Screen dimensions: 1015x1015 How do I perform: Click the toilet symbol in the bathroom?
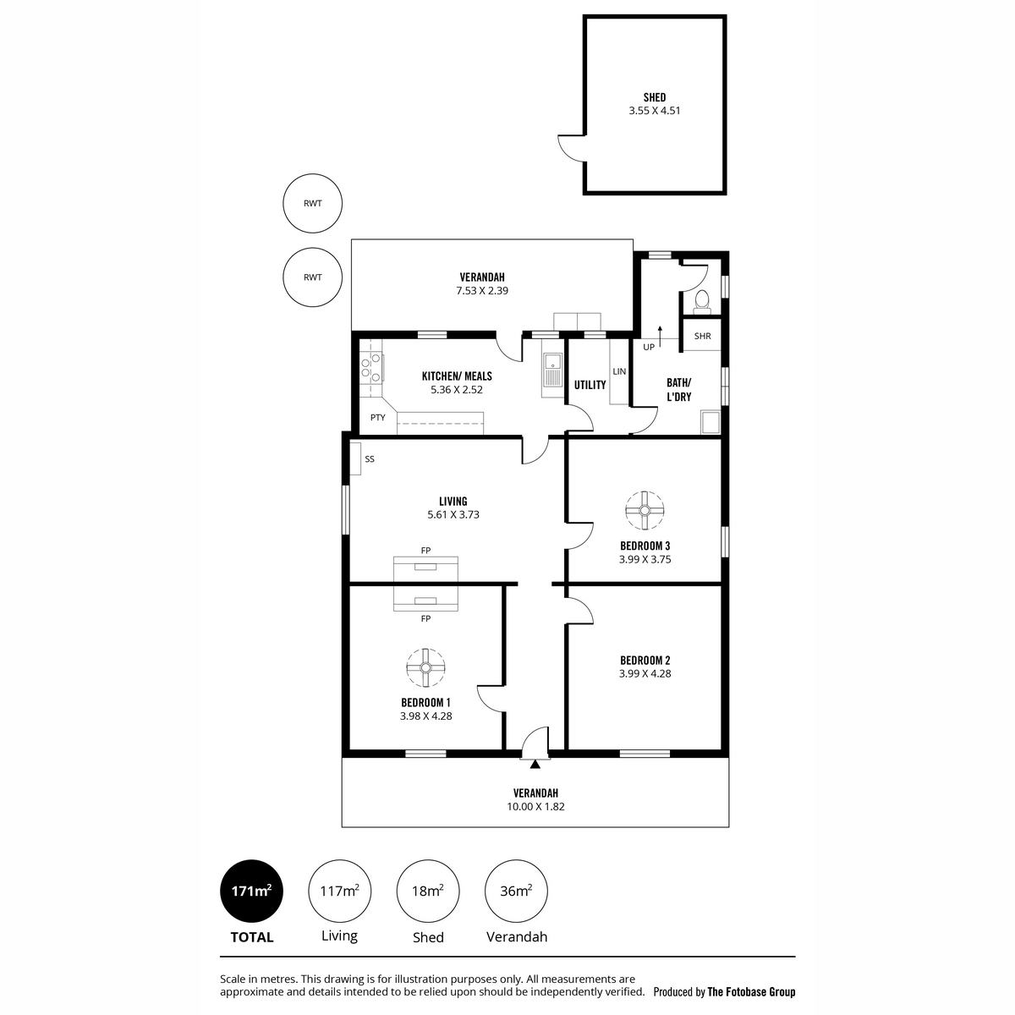[x=701, y=302]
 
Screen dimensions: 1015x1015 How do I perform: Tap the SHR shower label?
[x=702, y=336]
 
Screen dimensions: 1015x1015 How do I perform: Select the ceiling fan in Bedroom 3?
[x=645, y=510]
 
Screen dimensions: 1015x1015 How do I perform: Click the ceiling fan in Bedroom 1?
[x=425, y=668]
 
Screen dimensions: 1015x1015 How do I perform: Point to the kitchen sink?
[x=552, y=368]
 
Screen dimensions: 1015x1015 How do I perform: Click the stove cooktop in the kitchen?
[x=370, y=367]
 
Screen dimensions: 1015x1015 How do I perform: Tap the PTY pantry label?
[x=377, y=418]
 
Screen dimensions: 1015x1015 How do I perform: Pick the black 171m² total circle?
[x=251, y=892]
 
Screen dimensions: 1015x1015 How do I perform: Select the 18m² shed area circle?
[x=428, y=892]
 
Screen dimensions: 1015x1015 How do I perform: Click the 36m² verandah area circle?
[x=516, y=892]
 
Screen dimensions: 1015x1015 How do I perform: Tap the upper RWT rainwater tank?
[x=312, y=203]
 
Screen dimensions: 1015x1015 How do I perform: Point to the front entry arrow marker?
[x=535, y=765]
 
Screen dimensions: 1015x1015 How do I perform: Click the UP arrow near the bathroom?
[x=660, y=337]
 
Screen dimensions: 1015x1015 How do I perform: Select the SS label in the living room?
[x=370, y=459]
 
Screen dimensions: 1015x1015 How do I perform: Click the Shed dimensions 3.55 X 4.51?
[x=654, y=111]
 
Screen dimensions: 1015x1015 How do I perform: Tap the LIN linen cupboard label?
[x=619, y=371]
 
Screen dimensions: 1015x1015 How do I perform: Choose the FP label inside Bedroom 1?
[x=425, y=619]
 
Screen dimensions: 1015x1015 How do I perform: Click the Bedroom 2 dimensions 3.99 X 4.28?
[x=645, y=673]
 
